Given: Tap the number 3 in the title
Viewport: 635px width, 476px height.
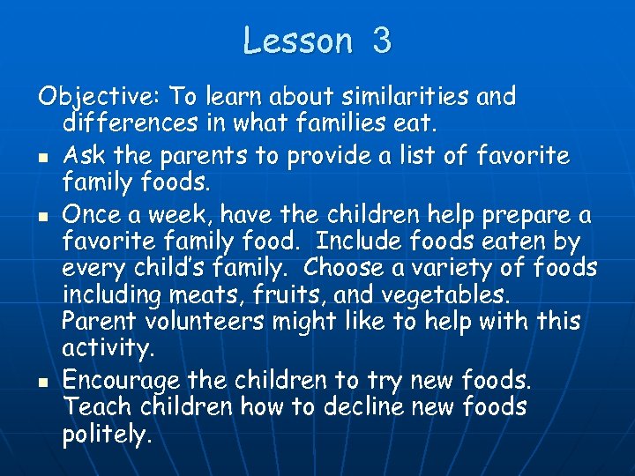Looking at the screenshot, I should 381,41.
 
